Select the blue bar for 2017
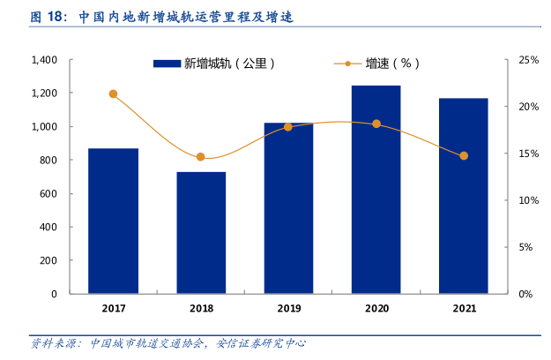coord(113,221)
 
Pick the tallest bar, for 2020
coord(376,189)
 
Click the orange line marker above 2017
coord(113,94)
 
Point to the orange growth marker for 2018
coord(201,157)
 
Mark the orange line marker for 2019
coord(288,127)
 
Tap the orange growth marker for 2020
coord(376,124)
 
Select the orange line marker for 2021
coord(464,155)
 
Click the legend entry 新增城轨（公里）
coord(216,64)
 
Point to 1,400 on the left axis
coord(44,60)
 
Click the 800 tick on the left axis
coord(49,160)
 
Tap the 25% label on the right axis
coord(528,60)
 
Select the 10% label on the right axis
coord(528,200)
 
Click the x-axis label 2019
coord(288,308)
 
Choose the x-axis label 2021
coord(464,308)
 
